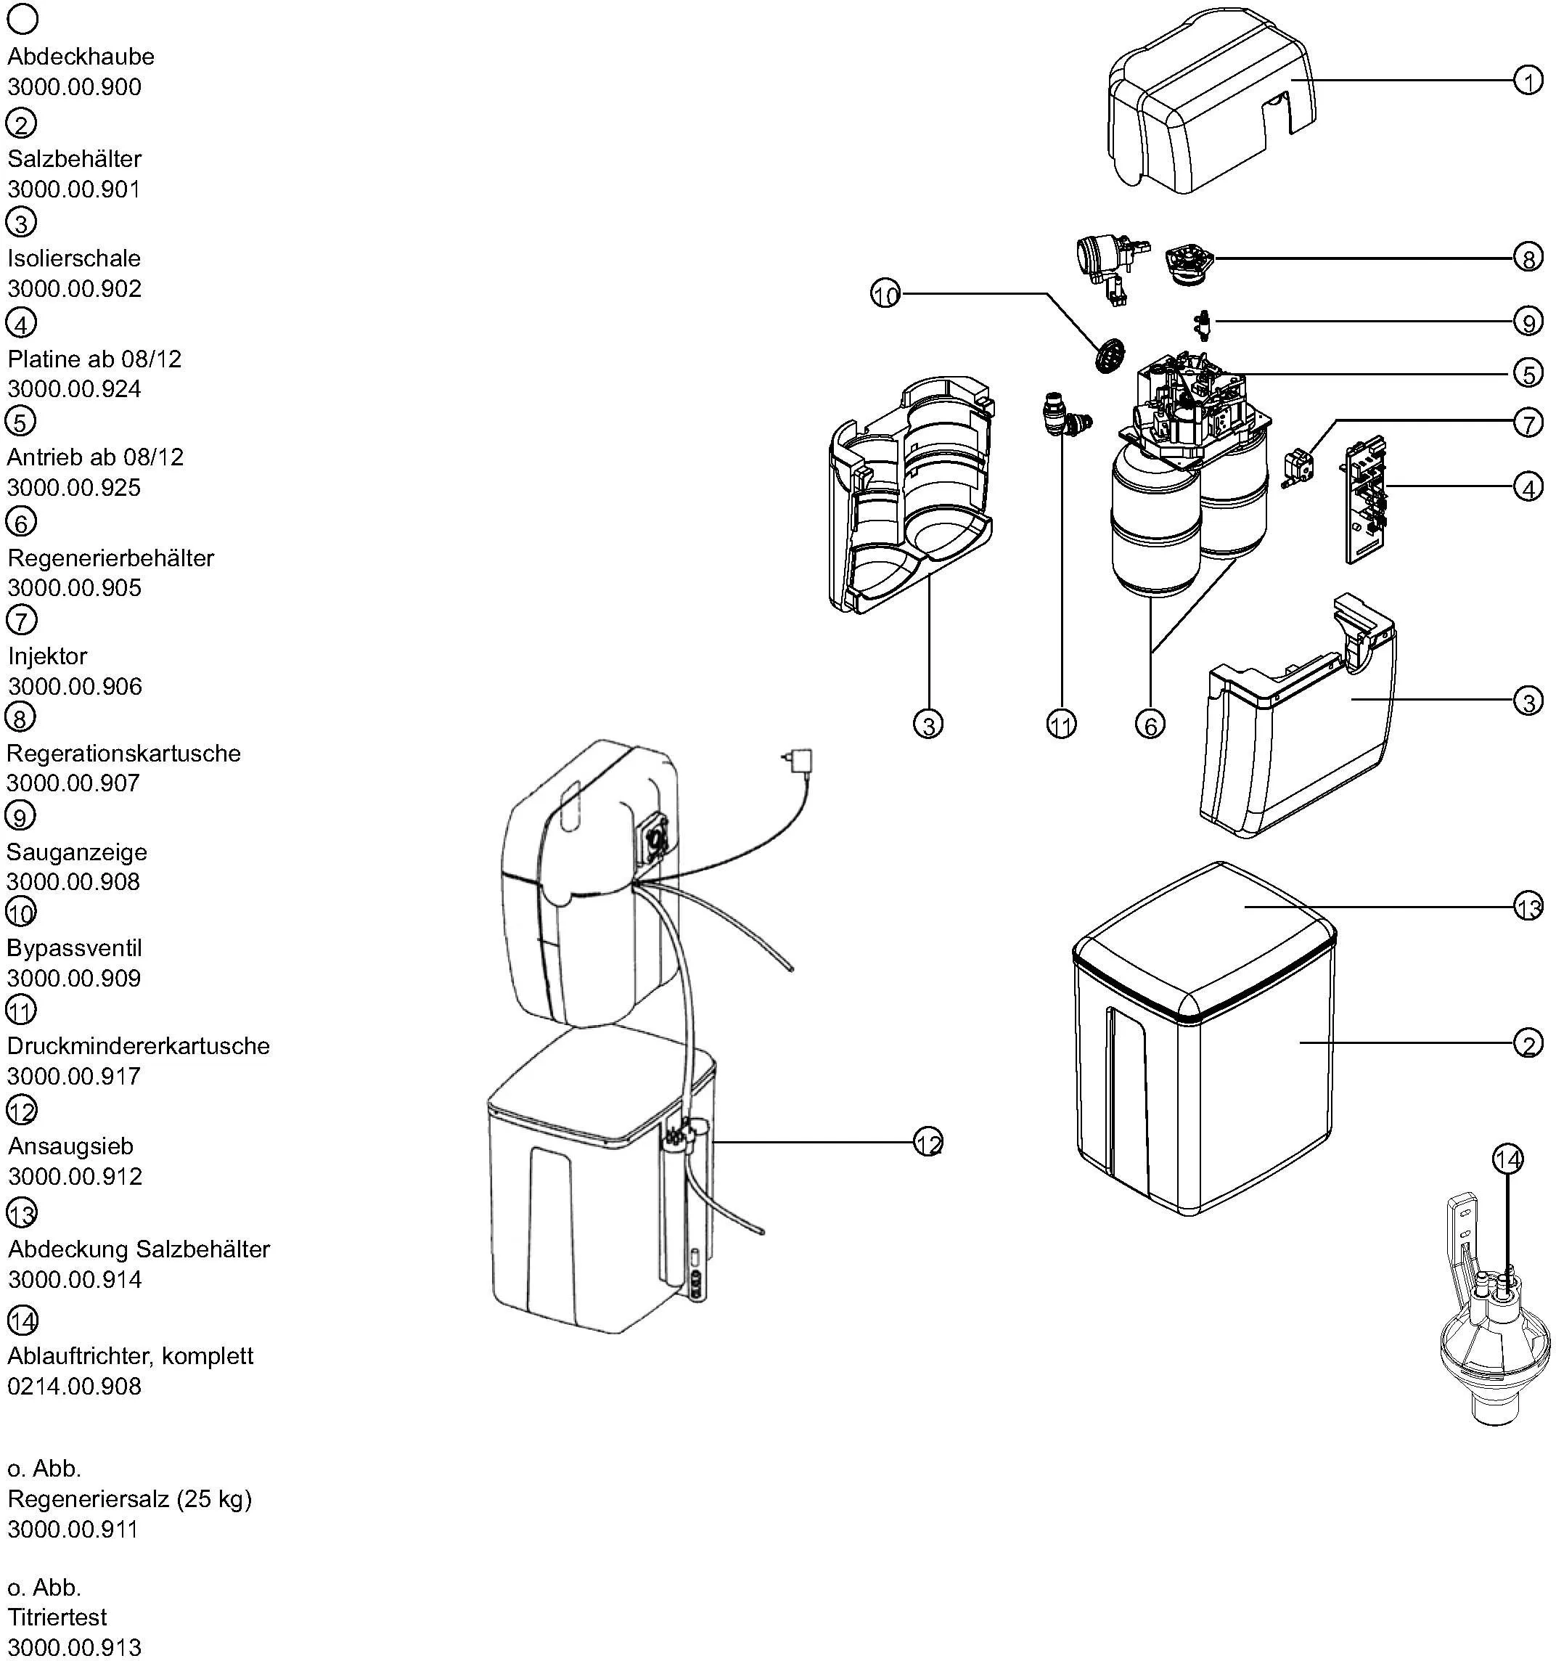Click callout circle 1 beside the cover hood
point(1528,81)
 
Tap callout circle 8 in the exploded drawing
point(1528,258)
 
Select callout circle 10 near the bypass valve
point(885,294)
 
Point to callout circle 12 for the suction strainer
point(928,1142)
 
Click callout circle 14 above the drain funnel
point(1507,1159)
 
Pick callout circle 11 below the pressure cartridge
point(1061,725)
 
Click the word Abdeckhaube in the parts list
point(81,57)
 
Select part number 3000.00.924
point(74,388)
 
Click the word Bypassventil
point(74,947)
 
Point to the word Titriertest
point(57,1617)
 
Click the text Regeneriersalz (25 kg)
point(129,1499)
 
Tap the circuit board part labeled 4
point(1364,498)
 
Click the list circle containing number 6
point(21,522)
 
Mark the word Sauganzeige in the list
point(77,852)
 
